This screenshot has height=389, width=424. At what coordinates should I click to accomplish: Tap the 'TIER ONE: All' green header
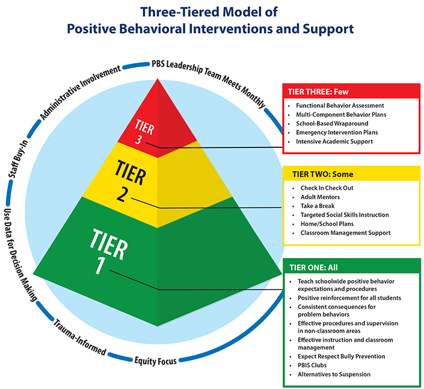click(x=314, y=268)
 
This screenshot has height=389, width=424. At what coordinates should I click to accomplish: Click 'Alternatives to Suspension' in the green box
click(x=334, y=375)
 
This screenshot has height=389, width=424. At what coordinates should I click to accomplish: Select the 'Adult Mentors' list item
click(x=320, y=197)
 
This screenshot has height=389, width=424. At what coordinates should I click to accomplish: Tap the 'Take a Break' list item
click(x=319, y=206)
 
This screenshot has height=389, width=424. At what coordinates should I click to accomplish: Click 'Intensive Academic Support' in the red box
click(x=334, y=141)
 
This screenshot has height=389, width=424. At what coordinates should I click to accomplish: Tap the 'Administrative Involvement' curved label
click(x=79, y=90)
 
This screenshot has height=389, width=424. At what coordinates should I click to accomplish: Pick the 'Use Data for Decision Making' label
click(x=21, y=253)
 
